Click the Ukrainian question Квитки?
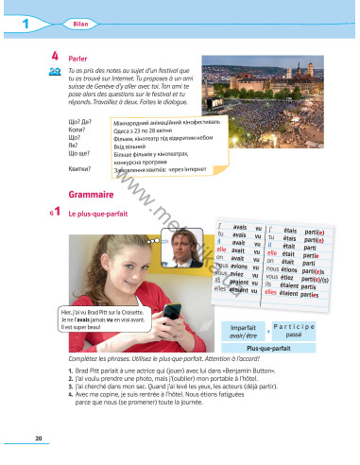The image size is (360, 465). coord(80,167)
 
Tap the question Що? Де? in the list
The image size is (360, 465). coord(80,122)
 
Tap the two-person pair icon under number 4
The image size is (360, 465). coord(55,72)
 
